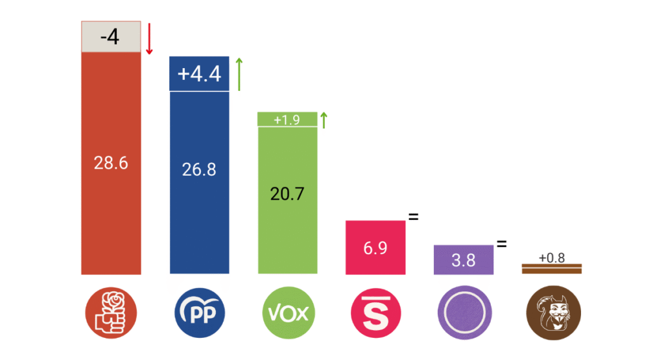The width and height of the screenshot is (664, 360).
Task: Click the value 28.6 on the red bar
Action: click(111, 163)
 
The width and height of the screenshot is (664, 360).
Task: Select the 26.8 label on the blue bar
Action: click(200, 169)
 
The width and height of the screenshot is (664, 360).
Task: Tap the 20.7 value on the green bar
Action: click(288, 193)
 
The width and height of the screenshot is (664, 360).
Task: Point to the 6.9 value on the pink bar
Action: click(375, 247)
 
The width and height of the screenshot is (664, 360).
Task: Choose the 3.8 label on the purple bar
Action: click(464, 260)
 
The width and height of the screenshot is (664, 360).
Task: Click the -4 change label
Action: click(110, 37)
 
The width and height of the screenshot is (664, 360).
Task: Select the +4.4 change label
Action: click(200, 74)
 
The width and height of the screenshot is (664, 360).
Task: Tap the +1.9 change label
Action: click(287, 120)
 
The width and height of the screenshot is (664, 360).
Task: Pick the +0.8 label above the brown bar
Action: click(552, 258)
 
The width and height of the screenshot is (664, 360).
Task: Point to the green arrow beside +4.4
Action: click(239, 74)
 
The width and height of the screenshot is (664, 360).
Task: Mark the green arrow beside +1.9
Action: click(324, 120)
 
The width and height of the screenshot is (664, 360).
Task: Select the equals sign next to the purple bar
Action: click(501, 245)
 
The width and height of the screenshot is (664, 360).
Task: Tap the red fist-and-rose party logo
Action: click(111, 314)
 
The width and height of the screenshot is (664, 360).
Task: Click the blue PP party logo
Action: click(200, 314)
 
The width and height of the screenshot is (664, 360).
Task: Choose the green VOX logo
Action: click(288, 314)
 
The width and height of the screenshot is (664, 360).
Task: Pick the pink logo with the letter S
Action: click(376, 314)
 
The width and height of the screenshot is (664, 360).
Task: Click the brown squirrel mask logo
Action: click(552, 314)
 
